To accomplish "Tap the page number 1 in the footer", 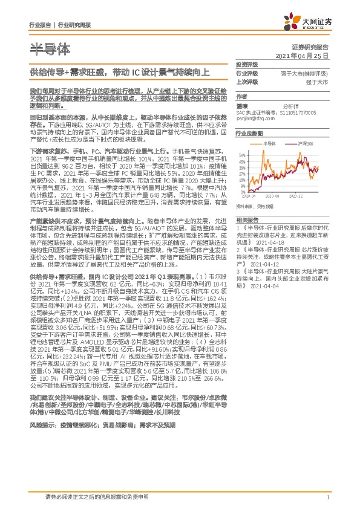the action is (x=327, y=497).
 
